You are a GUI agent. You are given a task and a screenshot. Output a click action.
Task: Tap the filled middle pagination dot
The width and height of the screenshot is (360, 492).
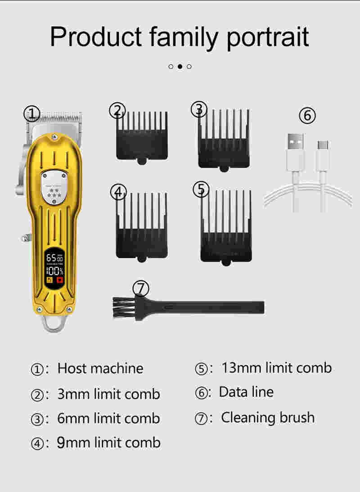click(x=180, y=67)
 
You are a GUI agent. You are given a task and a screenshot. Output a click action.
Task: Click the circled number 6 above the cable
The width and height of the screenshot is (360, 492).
click(x=307, y=115)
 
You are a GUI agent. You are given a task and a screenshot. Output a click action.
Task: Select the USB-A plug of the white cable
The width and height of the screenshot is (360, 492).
click(x=295, y=152)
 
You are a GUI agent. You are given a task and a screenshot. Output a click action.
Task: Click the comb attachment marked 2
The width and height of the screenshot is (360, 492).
click(x=142, y=137)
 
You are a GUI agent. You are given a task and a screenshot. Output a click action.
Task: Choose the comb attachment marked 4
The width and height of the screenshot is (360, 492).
click(x=142, y=226)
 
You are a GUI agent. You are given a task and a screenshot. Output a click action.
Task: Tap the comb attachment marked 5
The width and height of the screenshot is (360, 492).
click(x=226, y=227)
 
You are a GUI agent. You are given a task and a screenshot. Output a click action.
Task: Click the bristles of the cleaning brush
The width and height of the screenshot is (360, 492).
click(x=122, y=307)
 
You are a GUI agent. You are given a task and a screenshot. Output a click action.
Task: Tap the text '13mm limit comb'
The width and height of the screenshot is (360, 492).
click(x=277, y=368)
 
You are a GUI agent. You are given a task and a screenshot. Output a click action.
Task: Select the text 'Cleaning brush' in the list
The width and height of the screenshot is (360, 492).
click(x=268, y=418)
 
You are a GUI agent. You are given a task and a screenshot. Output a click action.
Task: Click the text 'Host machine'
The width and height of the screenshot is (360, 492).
click(x=100, y=368)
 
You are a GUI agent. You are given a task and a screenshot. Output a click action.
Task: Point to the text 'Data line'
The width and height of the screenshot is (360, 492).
click(x=246, y=392)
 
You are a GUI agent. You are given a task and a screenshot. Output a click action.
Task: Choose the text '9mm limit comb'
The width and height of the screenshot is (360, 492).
click(x=109, y=443)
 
